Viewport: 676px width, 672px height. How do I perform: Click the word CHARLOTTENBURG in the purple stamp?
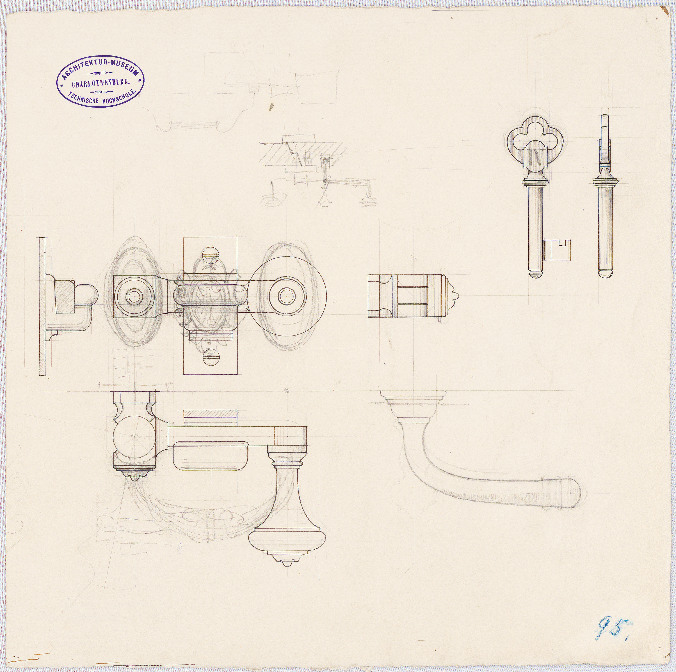(100, 84)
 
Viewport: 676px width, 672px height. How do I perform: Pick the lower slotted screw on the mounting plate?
(210, 358)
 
